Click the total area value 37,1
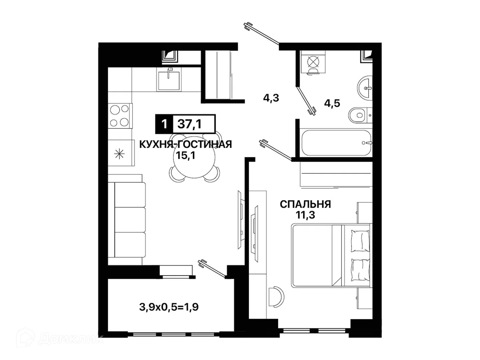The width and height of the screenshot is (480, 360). click(189, 124)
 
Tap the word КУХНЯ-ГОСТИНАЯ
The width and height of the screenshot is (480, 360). click(185, 144)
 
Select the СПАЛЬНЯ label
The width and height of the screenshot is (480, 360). click(305, 204)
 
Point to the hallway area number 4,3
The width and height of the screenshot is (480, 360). click(271, 98)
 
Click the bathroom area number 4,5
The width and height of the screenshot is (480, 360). click(332, 103)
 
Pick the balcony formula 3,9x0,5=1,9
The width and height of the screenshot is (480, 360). click(169, 307)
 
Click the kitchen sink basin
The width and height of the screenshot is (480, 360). click(169, 81)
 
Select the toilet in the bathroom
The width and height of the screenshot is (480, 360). click(360, 115)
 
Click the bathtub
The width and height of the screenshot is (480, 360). click(336, 143)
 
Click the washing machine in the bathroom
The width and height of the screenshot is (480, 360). click(313, 62)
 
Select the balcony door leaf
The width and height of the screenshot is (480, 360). click(212, 269)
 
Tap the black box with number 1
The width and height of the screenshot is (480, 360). click(164, 124)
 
